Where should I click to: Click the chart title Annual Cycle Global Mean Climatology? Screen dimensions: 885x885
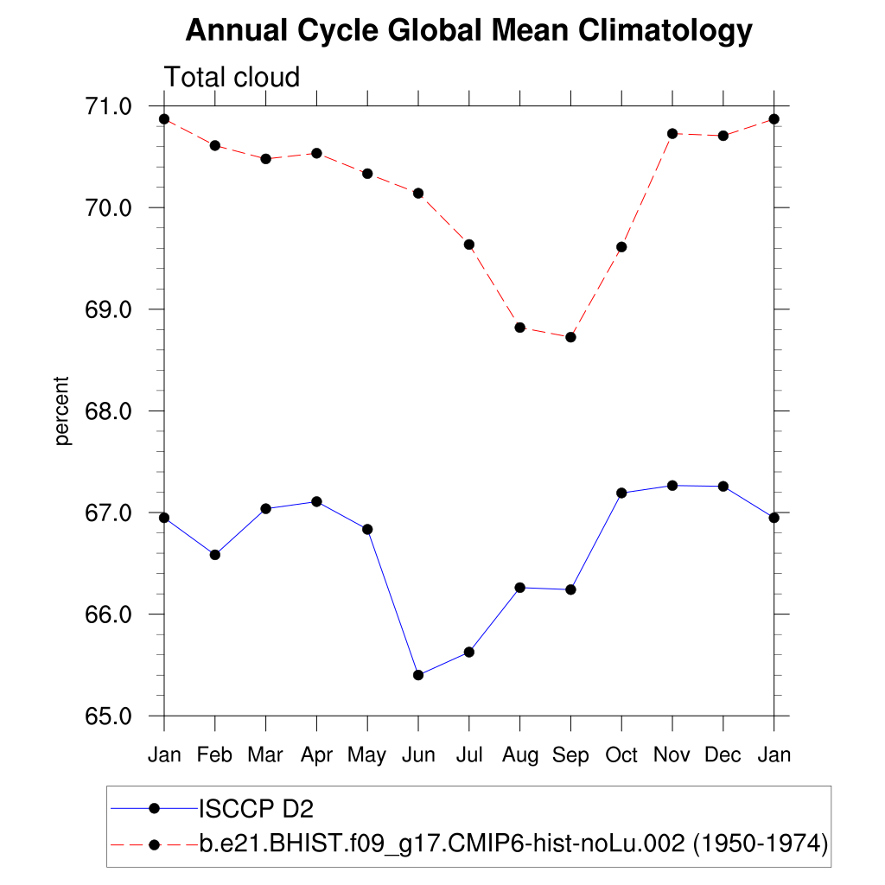469,31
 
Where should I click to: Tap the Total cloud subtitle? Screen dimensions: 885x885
232,77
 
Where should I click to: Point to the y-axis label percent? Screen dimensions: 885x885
61,411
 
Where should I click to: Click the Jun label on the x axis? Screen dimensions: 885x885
418,755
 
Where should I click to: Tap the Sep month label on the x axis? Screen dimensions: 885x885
570,755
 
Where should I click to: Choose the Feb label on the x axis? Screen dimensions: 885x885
214,755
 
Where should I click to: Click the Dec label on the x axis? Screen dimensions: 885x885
723,755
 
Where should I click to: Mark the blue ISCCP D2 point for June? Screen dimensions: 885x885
418,675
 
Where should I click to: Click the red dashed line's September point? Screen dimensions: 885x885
570,337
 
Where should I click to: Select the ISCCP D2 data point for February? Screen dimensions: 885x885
215,555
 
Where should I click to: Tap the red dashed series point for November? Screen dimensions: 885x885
672,134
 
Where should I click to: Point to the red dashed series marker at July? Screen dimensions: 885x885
469,245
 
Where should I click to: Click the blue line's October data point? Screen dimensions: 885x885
621,493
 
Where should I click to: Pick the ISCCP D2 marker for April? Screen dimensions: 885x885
316,501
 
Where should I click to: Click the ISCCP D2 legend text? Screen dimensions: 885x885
256,809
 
